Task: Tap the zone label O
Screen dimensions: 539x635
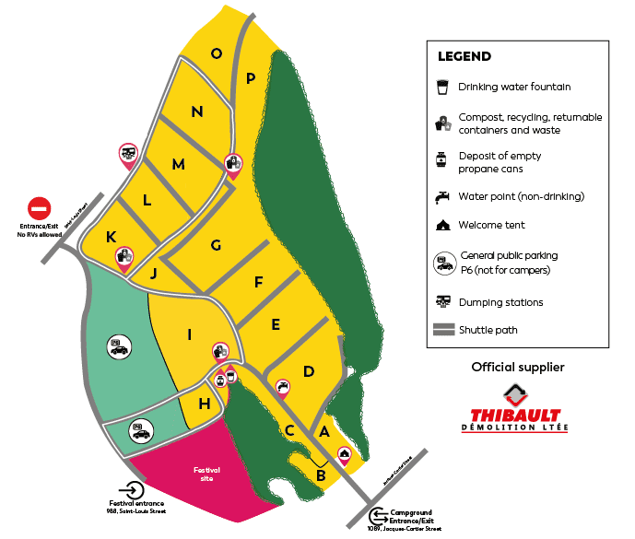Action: (216, 53)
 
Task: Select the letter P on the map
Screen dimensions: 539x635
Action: (250, 78)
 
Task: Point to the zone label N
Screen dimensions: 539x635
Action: (197, 112)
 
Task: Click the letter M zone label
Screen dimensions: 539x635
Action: (178, 165)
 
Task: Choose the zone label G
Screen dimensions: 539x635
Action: (216, 245)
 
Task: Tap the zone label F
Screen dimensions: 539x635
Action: (259, 282)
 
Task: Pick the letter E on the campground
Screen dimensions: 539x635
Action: (276, 324)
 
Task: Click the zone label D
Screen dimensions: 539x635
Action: (309, 371)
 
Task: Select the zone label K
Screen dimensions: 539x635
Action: (111, 237)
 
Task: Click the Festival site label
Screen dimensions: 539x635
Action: (206, 475)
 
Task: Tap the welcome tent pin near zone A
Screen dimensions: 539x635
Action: (344, 454)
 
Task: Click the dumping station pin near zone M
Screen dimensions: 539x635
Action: (129, 154)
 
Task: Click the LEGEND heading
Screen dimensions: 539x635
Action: (464, 56)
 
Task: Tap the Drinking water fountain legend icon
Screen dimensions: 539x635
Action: (442, 88)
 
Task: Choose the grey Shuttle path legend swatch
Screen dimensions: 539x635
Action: (442, 330)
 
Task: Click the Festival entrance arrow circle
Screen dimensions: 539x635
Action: (132, 491)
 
